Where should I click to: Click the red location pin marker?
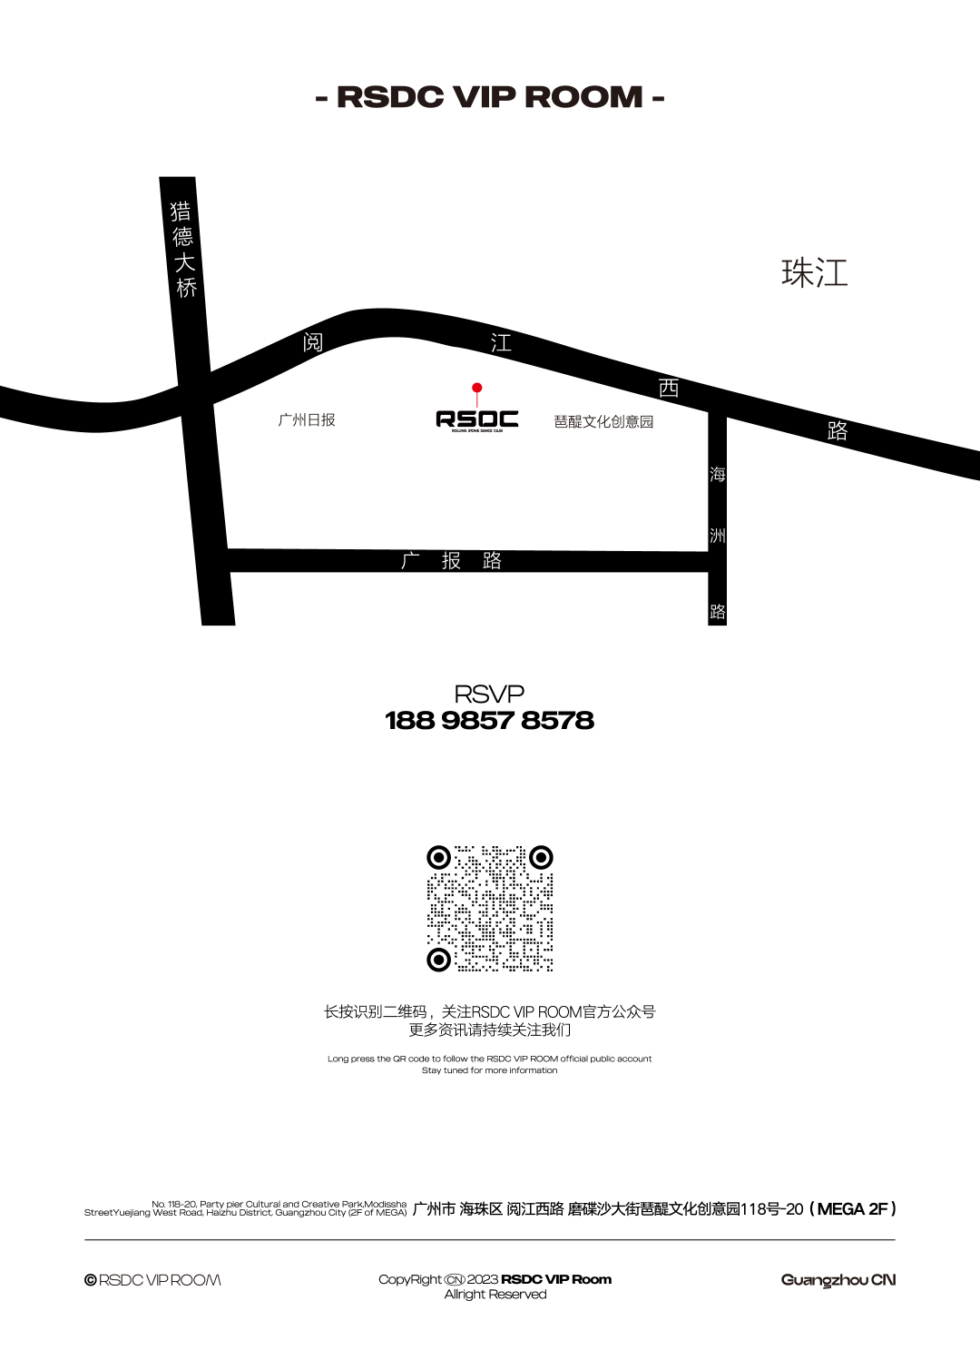[x=477, y=388]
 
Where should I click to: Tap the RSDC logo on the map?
[x=477, y=420]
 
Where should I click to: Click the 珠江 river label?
[x=814, y=272]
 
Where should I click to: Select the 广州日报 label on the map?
[x=307, y=419]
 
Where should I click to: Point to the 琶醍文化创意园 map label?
[x=603, y=421]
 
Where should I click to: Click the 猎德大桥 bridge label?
[x=183, y=249]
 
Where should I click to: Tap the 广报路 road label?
[x=452, y=560]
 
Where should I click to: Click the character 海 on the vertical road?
[x=718, y=474]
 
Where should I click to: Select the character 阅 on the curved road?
[x=313, y=342]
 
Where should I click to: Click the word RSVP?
[x=489, y=694]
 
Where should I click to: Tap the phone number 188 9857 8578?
[x=489, y=720]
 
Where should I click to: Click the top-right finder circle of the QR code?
[x=541, y=857]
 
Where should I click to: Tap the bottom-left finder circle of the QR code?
[x=438, y=960]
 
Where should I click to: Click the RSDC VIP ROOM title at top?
[x=490, y=97]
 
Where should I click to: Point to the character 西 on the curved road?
[x=669, y=389]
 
